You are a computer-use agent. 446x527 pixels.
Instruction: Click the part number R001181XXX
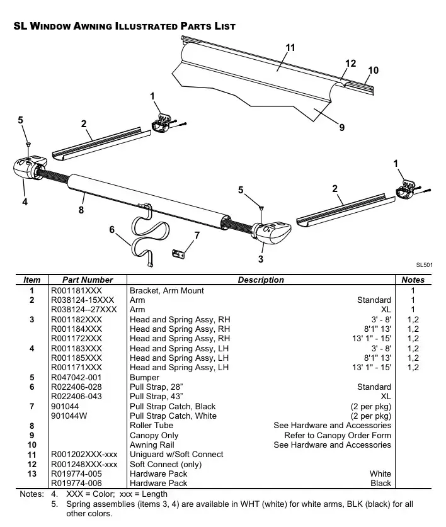(x=76, y=290)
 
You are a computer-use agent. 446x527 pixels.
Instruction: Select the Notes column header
(x=413, y=280)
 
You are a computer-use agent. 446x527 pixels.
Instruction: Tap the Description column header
(x=260, y=280)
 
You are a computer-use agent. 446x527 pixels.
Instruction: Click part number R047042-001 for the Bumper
(x=76, y=377)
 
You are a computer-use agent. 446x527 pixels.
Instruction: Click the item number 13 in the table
(x=31, y=473)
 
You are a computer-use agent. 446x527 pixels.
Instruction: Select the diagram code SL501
(x=424, y=266)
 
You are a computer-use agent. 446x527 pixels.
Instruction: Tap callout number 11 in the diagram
(x=290, y=48)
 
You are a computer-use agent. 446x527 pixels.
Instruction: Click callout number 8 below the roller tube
(x=81, y=210)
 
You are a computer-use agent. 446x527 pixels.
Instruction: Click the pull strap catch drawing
(x=180, y=253)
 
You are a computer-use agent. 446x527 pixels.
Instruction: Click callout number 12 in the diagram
(x=351, y=63)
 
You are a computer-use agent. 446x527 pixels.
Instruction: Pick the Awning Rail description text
(x=152, y=445)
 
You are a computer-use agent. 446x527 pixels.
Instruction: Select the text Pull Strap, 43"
(x=156, y=397)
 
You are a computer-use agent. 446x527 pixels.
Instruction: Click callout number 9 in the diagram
(x=342, y=128)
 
